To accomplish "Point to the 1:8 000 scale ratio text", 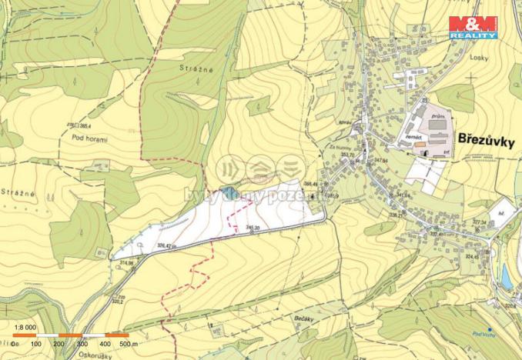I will click(25, 326).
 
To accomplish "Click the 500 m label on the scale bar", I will click(127, 344).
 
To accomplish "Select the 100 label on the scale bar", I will click(35, 344).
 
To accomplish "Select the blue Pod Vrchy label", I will click(483, 332).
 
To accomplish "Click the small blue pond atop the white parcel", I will click(226, 190).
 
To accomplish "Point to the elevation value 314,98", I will click(127, 262).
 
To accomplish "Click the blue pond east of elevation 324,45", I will click(506, 275).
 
